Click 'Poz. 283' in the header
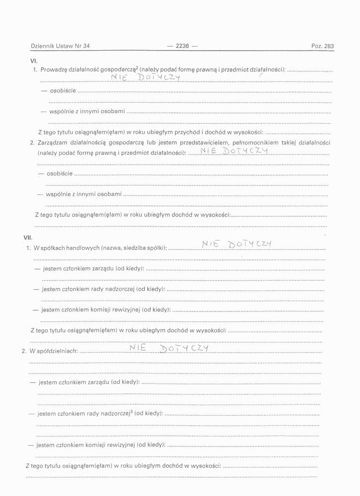tap(322, 46)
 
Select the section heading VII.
tap(28, 238)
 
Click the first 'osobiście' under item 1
tap(62, 91)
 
